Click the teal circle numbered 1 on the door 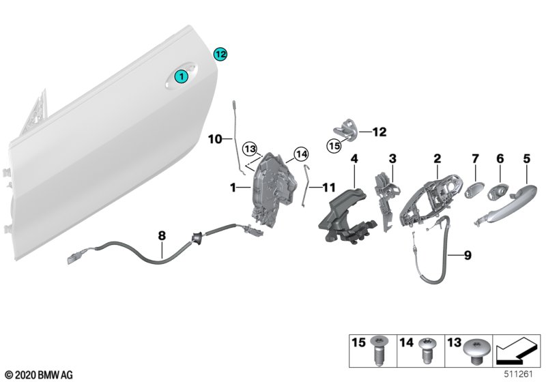[182, 78]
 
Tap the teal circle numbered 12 [220, 53]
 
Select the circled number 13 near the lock [250, 149]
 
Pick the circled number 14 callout [302, 153]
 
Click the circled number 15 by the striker [334, 145]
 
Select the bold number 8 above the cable [162, 236]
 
